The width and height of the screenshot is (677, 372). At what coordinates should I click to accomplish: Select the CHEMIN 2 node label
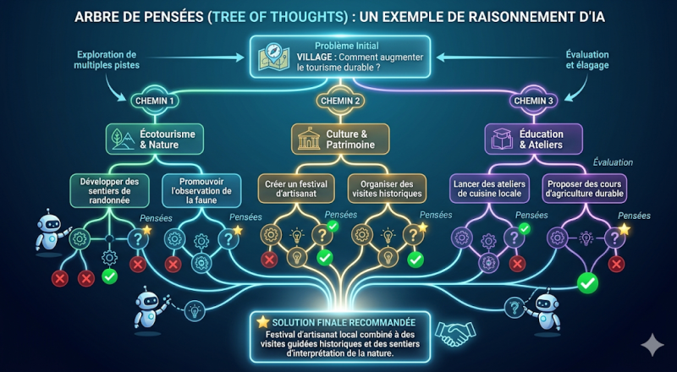point(341,101)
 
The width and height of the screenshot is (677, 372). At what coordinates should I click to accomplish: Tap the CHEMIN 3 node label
point(534,101)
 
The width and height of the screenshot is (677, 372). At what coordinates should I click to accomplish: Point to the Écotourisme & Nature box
point(155,139)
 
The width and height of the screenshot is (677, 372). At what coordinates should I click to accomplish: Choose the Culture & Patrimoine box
point(340,139)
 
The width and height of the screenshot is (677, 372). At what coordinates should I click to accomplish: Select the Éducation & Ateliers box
point(533,139)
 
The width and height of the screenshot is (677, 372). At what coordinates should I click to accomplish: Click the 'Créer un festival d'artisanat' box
point(296,189)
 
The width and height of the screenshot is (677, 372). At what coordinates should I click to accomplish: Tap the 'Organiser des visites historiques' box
point(387,189)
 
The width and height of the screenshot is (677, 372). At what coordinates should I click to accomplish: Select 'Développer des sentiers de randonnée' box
point(109,190)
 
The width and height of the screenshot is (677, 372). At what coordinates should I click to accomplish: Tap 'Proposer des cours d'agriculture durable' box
point(585,189)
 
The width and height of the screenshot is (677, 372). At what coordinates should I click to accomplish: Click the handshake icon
point(455,332)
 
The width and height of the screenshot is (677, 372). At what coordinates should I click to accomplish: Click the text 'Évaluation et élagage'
point(587,60)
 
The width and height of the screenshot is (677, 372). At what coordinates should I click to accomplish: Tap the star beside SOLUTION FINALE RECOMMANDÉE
point(262,322)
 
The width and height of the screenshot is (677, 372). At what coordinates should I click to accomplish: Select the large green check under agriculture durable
point(587,282)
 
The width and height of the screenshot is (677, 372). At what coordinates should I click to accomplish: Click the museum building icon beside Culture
point(309,139)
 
